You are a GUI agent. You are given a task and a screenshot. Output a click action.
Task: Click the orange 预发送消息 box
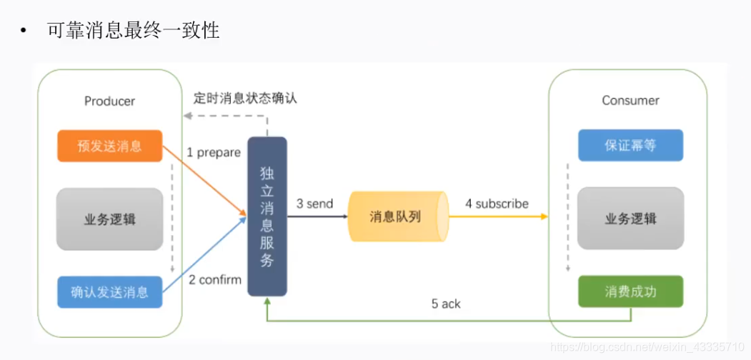point(110,146)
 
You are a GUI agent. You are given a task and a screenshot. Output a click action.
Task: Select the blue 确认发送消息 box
point(110,291)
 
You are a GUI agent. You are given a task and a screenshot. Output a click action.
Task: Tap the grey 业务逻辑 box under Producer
point(110,219)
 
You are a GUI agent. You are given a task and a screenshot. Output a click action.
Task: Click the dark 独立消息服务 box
point(267,216)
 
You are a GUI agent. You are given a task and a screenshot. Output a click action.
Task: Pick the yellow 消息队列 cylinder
point(396,216)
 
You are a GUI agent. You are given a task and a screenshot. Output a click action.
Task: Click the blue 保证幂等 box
point(630,145)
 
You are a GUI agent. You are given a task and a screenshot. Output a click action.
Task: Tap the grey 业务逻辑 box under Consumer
point(630,219)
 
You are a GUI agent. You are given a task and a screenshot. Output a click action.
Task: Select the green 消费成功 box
point(630,291)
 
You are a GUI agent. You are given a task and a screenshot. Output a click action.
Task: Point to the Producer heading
point(109,101)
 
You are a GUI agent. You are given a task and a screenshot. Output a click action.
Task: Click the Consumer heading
point(630,100)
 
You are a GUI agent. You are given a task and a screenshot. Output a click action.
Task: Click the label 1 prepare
point(214,152)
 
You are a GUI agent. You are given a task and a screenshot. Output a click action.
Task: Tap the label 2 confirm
point(215,279)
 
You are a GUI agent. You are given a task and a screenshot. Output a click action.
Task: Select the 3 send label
point(314,204)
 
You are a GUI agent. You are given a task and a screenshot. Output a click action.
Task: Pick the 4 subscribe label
point(497,204)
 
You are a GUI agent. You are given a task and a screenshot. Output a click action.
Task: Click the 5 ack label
point(446,304)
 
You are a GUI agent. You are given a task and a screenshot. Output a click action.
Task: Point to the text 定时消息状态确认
point(245,99)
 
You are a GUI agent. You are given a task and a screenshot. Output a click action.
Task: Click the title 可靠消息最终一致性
point(134,31)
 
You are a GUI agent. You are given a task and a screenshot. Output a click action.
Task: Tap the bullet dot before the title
point(24,32)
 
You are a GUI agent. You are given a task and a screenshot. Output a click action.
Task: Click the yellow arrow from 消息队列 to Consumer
point(500,216)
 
